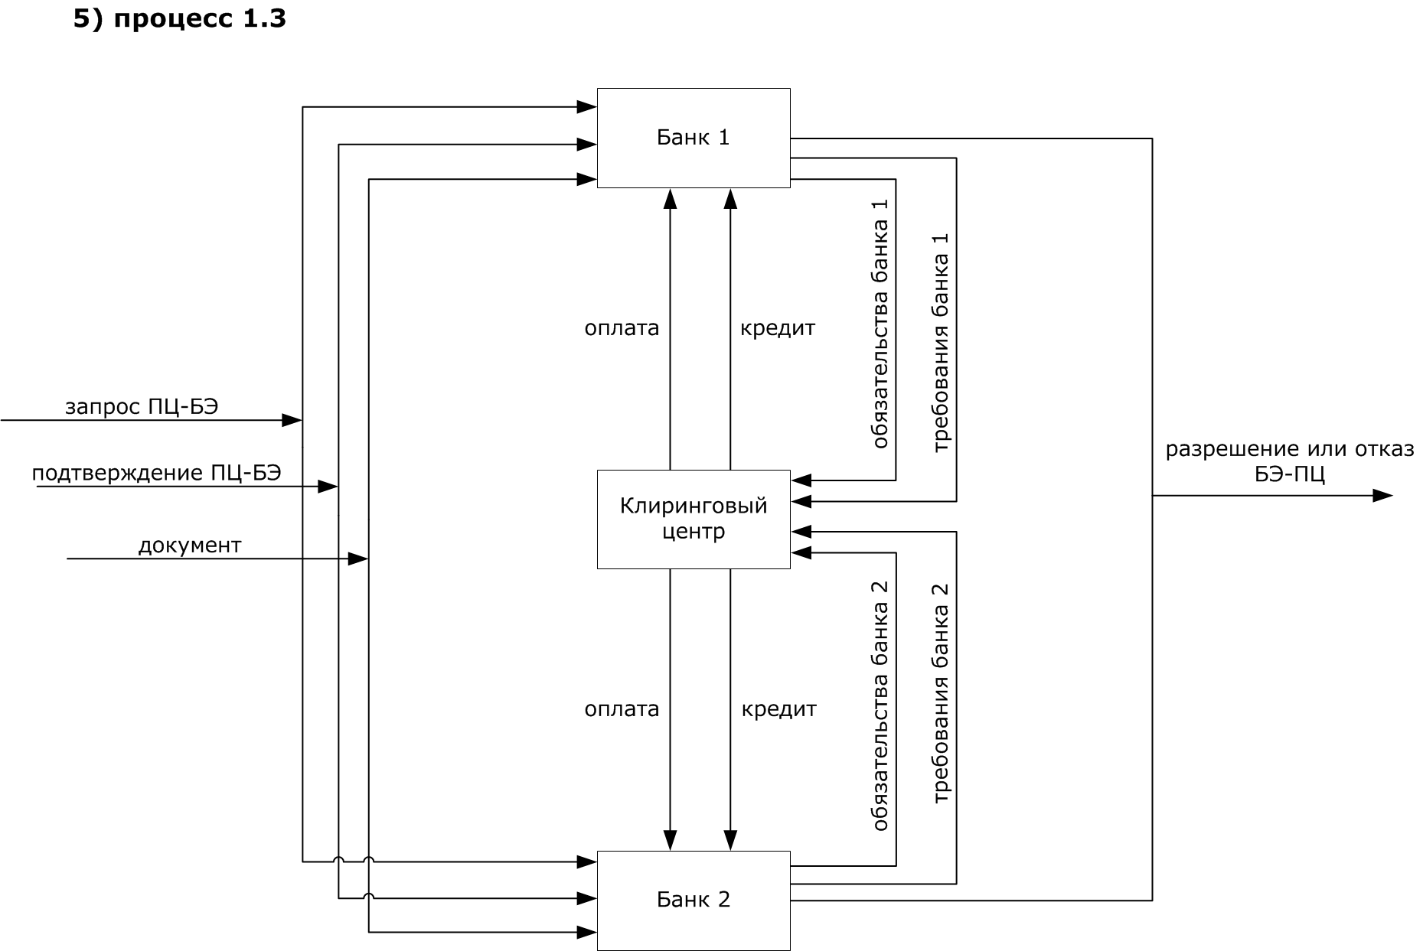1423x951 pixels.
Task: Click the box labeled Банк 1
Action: (693, 138)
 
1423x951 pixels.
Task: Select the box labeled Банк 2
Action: (693, 900)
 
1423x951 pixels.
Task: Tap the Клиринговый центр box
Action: (693, 519)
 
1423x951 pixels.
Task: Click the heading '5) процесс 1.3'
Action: (180, 18)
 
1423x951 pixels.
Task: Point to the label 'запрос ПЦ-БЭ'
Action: (142, 406)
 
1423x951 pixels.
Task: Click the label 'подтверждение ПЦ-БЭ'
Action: (156, 473)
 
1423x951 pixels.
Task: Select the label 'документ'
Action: (190, 546)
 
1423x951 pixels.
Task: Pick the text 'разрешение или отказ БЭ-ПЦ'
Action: (1289, 461)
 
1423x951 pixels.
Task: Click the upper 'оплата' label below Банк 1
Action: (622, 328)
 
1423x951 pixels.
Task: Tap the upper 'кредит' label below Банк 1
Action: (778, 328)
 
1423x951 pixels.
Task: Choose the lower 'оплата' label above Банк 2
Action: (622, 709)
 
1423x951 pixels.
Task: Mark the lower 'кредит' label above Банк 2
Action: (778, 709)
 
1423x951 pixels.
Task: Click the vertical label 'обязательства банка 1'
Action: (880, 324)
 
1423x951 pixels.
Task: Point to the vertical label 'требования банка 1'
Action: (941, 342)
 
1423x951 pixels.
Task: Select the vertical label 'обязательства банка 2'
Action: (880, 705)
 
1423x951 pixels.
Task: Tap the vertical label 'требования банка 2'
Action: (941, 693)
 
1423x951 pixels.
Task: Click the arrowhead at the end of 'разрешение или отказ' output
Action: (1382, 496)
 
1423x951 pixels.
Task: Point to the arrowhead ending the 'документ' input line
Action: (358, 559)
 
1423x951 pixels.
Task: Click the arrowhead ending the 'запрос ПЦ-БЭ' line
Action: (292, 420)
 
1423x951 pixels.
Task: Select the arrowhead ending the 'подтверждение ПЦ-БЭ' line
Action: (328, 487)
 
